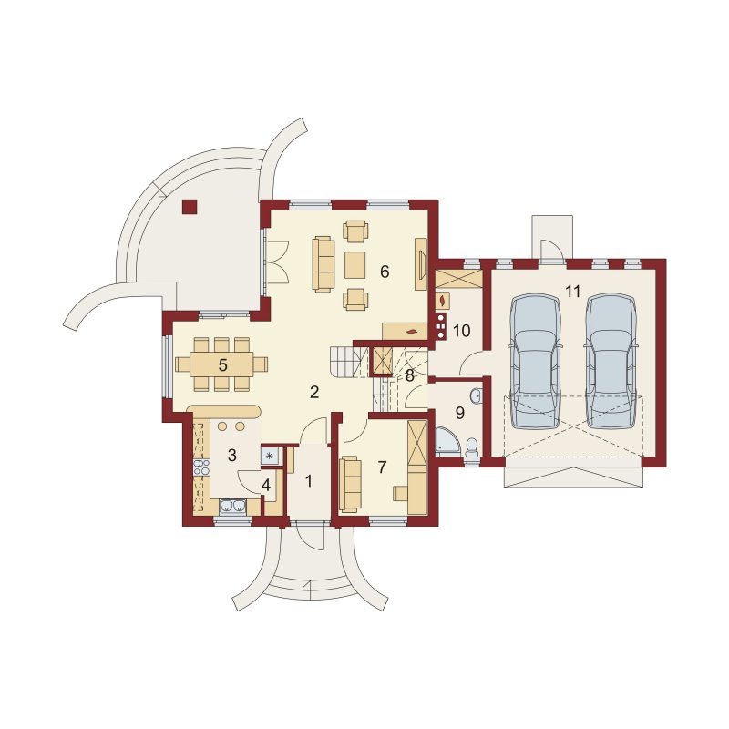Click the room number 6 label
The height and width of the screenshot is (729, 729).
(x=385, y=272)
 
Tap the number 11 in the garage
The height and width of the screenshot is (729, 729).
(x=573, y=292)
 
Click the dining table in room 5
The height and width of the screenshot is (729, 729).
(x=222, y=364)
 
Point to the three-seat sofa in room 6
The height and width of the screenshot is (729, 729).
(x=323, y=264)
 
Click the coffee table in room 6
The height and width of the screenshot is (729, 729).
(x=355, y=264)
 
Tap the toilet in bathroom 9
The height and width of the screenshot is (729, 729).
(x=471, y=446)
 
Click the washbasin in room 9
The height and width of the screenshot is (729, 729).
(x=476, y=396)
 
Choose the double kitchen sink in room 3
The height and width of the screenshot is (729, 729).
(x=232, y=507)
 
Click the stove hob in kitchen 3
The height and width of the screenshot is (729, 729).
(x=201, y=467)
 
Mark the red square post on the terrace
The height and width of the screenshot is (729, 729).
(x=190, y=207)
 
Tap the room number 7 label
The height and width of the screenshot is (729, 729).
(x=382, y=467)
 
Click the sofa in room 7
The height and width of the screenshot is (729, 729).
(x=351, y=485)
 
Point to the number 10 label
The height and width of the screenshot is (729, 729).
(x=461, y=331)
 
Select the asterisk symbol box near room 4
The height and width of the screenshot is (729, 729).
(x=269, y=456)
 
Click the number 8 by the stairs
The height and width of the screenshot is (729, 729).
(x=409, y=375)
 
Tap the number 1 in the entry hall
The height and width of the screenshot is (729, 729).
(x=309, y=482)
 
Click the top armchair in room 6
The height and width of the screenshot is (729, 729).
(x=355, y=231)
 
